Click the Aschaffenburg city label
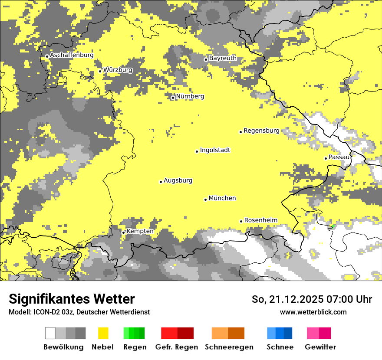pos(72,55)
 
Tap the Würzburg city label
pos(118,70)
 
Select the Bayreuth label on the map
pos(223,58)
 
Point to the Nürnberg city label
pos(190,96)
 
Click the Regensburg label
pos(261,131)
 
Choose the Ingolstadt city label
pos(215,150)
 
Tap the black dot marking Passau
pos(326,158)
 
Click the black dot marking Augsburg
pos(161,182)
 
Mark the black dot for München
pos(205,200)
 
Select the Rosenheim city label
pos(260,220)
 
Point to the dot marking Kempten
pos(123,232)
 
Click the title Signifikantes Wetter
pos(72,299)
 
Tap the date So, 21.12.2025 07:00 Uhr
pos(312,299)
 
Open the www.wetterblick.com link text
pos(313,312)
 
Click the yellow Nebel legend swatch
pos(103,333)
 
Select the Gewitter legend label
pos(320,347)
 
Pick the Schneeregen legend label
pos(229,347)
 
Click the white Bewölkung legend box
pos(50,333)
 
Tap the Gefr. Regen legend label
pos(176,347)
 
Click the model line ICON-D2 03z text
pos(79,312)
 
